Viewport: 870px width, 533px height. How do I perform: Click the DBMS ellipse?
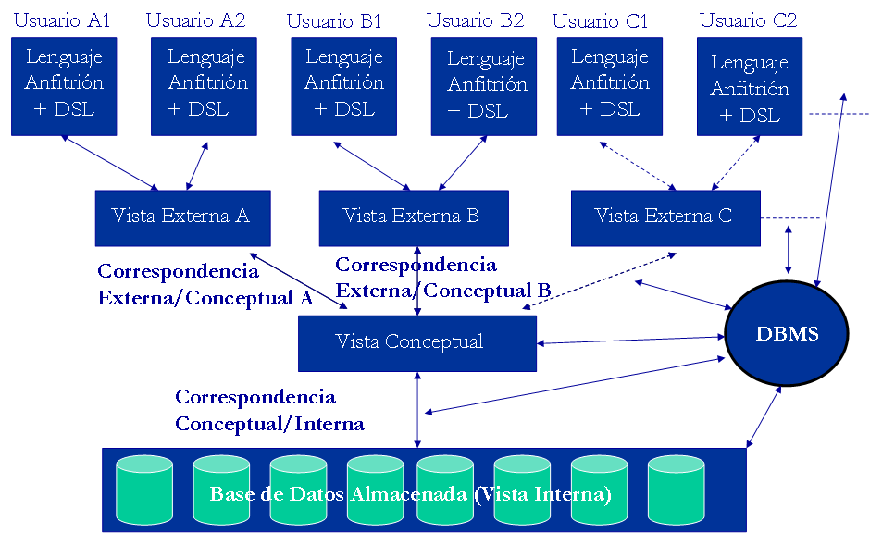pos(786,333)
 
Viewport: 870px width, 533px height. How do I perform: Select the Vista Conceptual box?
pos(416,342)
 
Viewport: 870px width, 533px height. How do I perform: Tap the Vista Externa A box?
pos(182,217)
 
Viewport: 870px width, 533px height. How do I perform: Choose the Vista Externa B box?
pos(413,217)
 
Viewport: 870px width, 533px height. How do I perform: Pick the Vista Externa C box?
pos(665,217)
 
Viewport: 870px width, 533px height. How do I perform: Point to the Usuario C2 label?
pos(748,20)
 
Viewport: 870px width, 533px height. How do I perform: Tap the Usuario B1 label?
pos(334,20)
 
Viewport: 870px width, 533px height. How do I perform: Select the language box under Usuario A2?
pos(203,85)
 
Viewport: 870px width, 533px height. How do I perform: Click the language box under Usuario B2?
pos(484,85)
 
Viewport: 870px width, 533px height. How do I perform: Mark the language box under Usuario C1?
pos(609,85)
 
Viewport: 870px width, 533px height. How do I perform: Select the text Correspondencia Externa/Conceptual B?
pos(442,278)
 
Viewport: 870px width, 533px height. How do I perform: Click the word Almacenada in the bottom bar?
pos(409,494)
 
